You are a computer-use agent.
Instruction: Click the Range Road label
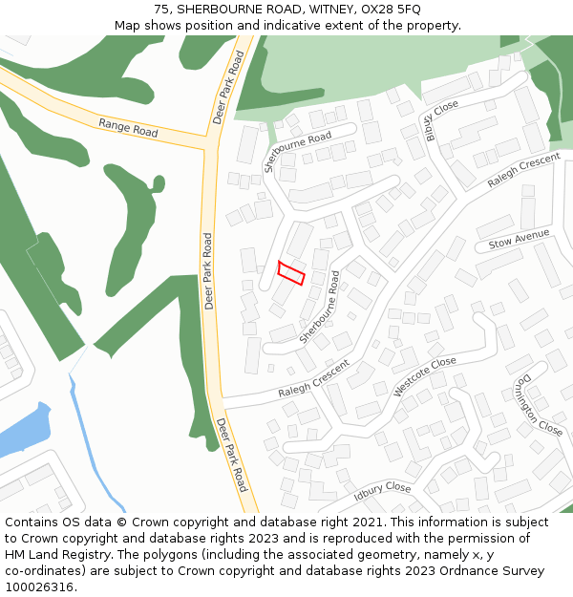pyautogui.click(x=128, y=127)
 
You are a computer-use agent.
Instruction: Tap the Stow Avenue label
pyautogui.click(x=519, y=239)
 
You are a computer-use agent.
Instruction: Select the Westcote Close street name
pyautogui.click(x=425, y=376)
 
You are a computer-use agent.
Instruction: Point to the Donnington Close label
pyautogui.click(x=537, y=405)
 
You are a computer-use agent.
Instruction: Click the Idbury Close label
pyautogui.click(x=382, y=490)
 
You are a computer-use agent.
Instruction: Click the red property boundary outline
pyautogui.click(x=291, y=272)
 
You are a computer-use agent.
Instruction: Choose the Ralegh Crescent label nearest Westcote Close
pyautogui.click(x=314, y=379)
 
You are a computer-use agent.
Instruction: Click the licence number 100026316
pyautogui.click(x=39, y=587)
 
